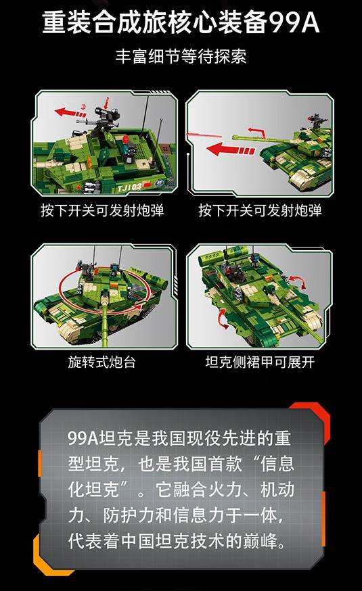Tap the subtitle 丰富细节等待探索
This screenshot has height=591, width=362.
(x=181, y=57)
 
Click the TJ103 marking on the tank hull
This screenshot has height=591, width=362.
(x=129, y=187)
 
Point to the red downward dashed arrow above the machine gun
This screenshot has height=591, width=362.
(x=106, y=103)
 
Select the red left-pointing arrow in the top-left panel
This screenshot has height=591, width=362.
(x=70, y=113)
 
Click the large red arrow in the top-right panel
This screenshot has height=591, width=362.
(x=231, y=149)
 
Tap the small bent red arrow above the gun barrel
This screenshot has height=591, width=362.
(x=257, y=133)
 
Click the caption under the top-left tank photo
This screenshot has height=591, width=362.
(x=102, y=210)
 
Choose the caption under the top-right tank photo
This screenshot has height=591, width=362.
(x=260, y=210)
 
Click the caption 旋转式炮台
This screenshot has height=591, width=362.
(x=101, y=362)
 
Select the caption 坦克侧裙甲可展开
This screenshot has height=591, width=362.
(x=260, y=362)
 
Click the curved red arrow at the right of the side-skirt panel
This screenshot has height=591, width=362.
(x=298, y=282)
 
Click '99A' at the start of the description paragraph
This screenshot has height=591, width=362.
(x=83, y=438)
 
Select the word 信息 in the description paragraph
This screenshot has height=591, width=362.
(x=277, y=464)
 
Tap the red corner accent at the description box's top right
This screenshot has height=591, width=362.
(x=309, y=411)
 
